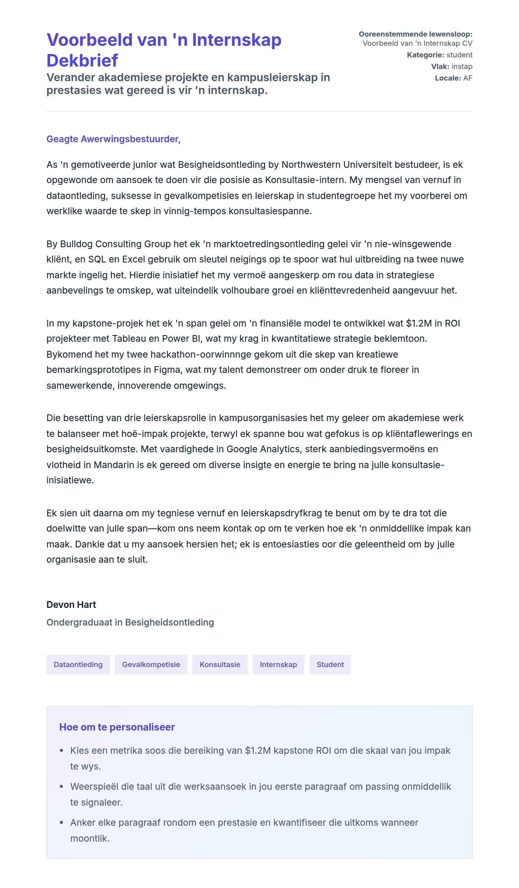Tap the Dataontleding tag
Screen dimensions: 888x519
tap(78, 664)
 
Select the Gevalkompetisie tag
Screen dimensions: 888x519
tap(151, 664)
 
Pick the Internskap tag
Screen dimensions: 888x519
tap(278, 664)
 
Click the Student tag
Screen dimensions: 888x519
tap(330, 664)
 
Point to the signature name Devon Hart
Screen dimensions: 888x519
tap(71, 605)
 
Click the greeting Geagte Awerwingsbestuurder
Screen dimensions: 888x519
tap(113, 139)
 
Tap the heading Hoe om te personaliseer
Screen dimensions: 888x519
tap(117, 727)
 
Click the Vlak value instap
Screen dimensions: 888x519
tap(462, 66)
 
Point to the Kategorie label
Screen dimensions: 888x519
tap(425, 55)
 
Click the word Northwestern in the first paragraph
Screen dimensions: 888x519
tap(310, 164)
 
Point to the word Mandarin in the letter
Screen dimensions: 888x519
tap(114, 465)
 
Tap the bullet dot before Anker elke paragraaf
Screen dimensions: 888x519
tap(61, 823)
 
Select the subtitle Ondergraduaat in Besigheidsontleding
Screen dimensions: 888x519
tap(130, 622)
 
